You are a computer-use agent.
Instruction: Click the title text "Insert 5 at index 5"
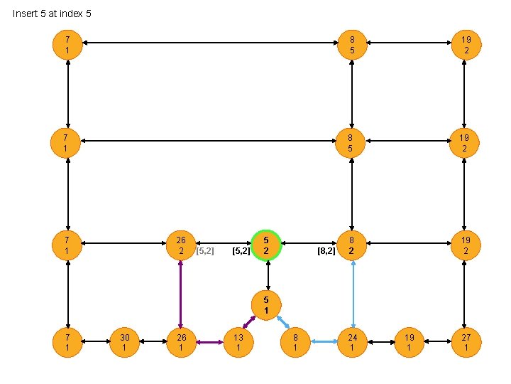52,14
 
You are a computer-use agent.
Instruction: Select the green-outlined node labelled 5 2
266,244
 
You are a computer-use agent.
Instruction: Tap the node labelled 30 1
125,342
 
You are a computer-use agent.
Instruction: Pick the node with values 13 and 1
238,342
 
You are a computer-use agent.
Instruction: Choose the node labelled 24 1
352,342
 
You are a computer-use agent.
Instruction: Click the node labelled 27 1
466,342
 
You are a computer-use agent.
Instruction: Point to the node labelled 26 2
181,244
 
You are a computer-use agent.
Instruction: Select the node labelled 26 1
181,342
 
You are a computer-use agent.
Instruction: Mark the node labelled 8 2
352,244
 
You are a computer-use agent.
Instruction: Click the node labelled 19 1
409,342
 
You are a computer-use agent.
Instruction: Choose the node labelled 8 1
295,342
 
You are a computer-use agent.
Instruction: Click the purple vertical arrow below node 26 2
181,293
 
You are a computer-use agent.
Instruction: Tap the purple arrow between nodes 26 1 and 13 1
209,342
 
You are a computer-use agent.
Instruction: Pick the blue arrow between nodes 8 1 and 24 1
324,342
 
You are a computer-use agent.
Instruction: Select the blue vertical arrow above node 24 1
352,293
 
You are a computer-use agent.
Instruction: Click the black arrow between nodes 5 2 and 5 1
266,274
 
